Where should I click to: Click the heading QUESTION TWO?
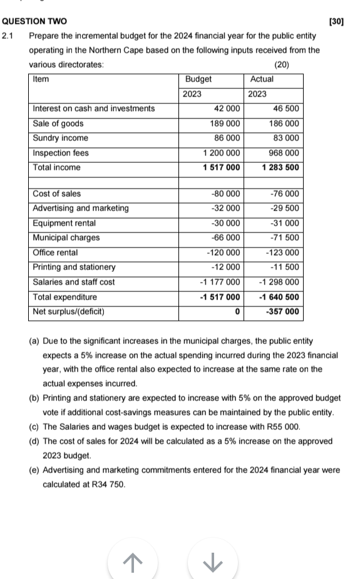tap(35, 22)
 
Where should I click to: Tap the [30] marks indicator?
tap(336, 22)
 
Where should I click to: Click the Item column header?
tap(41, 80)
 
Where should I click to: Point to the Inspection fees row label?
tap(61, 153)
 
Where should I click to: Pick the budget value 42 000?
tap(227, 109)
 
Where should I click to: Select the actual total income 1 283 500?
tap(280, 168)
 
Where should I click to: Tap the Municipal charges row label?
tap(66, 238)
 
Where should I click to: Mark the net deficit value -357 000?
tap(282, 312)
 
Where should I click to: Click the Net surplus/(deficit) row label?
tap(68, 312)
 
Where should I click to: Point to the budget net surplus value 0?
tap(237, 312)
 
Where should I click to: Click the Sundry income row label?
tap(60, 138)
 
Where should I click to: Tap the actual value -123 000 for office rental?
tap(282, 253)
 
